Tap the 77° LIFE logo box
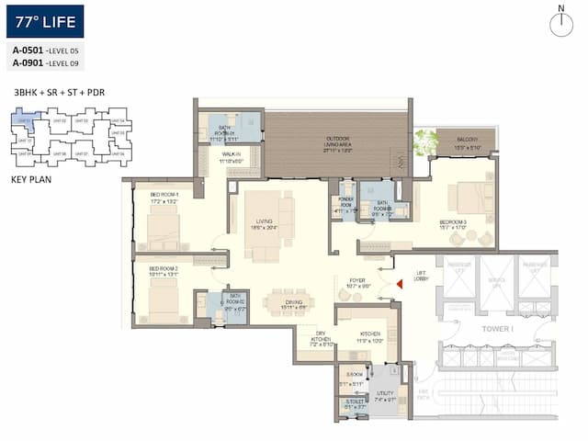tap(45, 20)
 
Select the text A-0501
tap(28, 50)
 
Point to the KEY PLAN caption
tap(31, 180)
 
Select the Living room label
tap(264, 223)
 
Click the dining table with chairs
tap(288, 301)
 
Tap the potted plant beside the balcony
tap(425, 141)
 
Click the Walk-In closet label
tap(230, 158)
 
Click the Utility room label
tap(383, 396)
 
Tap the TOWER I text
tap(498, 327)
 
